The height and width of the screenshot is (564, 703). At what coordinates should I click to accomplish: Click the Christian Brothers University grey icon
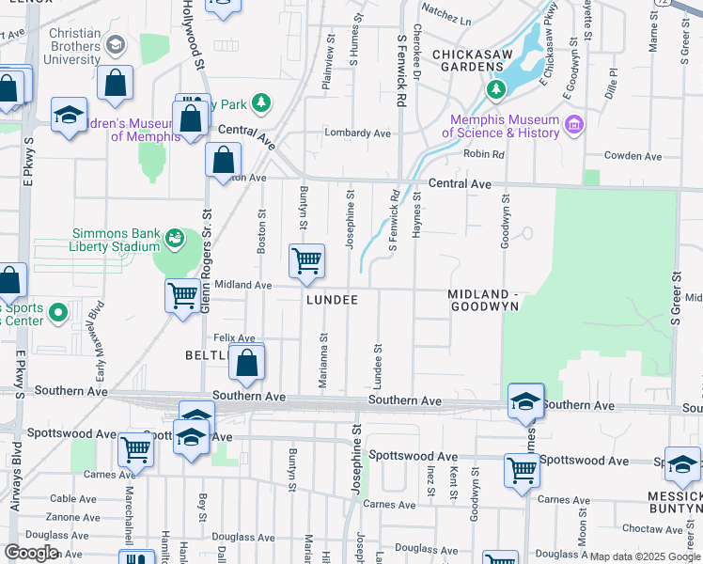coord(115,44)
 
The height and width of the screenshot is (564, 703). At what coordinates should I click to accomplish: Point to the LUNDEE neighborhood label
coord(332,300)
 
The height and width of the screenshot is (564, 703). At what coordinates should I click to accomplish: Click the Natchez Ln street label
coord(445,18)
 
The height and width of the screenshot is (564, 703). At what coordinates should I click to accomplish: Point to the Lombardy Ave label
coord(358,133)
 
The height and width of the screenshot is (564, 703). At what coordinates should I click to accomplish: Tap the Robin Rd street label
coord(484,154)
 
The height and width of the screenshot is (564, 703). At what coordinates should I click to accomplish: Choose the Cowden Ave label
coord(629,155)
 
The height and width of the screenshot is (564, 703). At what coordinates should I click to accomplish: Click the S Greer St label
coord(675,299)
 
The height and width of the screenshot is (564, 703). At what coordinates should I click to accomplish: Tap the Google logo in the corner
coord(31,553)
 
